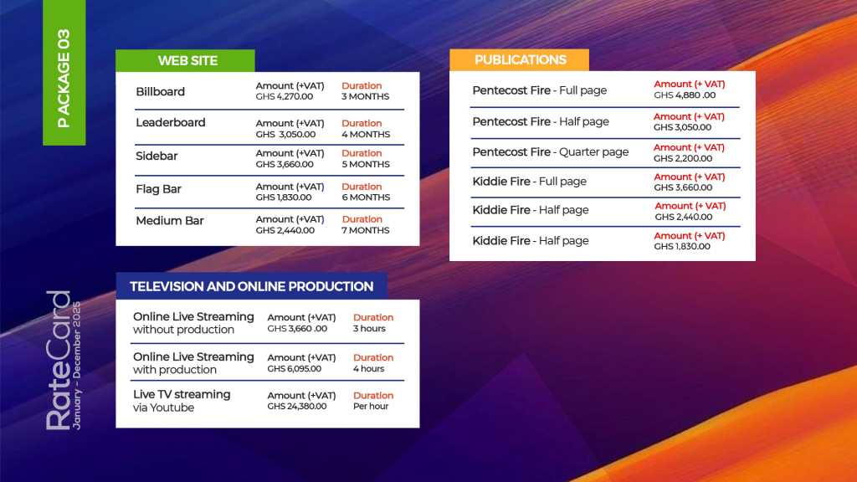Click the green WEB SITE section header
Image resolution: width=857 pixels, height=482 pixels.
[x=187, y=60]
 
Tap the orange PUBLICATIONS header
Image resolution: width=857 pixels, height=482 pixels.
[x=520, y=59]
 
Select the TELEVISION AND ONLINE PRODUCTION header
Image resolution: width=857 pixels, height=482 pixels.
[x=251, y=286]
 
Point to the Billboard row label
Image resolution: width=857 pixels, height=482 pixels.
[x=160, y=91]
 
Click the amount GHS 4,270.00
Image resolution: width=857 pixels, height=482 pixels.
[x=285, y=96]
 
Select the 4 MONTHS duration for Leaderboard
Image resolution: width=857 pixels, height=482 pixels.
[x=365, y=134]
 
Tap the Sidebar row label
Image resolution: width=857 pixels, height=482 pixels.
[x=157, y=156]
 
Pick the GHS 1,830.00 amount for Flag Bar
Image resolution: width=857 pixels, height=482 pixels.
[x=284, y=197]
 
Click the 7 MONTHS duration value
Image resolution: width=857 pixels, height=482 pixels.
[x=365, y=230]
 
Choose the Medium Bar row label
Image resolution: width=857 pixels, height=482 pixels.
[x=169, y=221]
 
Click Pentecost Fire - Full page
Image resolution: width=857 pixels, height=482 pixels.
[x=539, y=90]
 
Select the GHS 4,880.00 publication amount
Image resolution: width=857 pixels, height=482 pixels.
[x=685, y=95]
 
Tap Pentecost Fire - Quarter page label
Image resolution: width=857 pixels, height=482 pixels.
[x=550, y=152]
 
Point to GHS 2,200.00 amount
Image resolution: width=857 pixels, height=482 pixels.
[x=682, y=158]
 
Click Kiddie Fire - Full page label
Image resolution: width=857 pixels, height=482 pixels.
[x=529, y=182]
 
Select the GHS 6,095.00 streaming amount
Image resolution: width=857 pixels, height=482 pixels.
[x=296, y=368]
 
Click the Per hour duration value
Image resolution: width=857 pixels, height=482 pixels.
[x=370, y=406]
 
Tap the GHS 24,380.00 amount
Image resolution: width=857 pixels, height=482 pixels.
[x=297, y=406]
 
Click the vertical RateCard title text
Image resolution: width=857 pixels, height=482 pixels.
[x=59, y=360]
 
